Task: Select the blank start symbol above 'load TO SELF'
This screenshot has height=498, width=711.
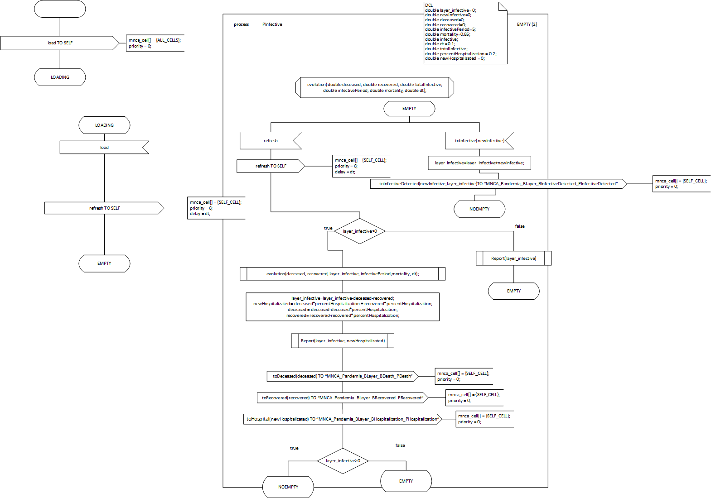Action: click(60, 9)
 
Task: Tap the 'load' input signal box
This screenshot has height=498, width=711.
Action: click(104, 148)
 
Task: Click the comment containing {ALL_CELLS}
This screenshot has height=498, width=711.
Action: click(155, 43)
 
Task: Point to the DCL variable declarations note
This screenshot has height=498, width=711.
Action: click(465, 33)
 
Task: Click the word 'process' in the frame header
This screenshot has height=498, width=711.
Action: click(241, 24)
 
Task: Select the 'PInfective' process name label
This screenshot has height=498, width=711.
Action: click(272, 24)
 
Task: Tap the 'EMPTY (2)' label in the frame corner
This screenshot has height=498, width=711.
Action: click(527, 24)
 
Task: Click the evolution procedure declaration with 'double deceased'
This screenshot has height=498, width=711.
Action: click(374, 87)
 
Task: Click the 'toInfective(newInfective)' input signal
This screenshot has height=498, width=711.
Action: click(479, 141)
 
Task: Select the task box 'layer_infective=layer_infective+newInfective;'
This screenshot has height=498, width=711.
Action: click(479, 163)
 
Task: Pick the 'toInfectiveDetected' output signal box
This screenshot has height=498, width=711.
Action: click(498, 184)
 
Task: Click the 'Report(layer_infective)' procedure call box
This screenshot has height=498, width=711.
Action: click(513, 259)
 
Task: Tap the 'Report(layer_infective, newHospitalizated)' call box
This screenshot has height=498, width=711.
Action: click(343, 341)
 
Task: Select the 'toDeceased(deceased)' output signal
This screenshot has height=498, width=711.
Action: click(342, 376)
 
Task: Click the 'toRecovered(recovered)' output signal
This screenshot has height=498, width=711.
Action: click(342, 398)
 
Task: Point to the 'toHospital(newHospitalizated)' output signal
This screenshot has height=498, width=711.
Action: click(342, 419)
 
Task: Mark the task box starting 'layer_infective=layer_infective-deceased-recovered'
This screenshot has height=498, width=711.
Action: click(343, 307)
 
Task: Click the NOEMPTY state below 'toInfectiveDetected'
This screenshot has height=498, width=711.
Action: click(479, 209)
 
